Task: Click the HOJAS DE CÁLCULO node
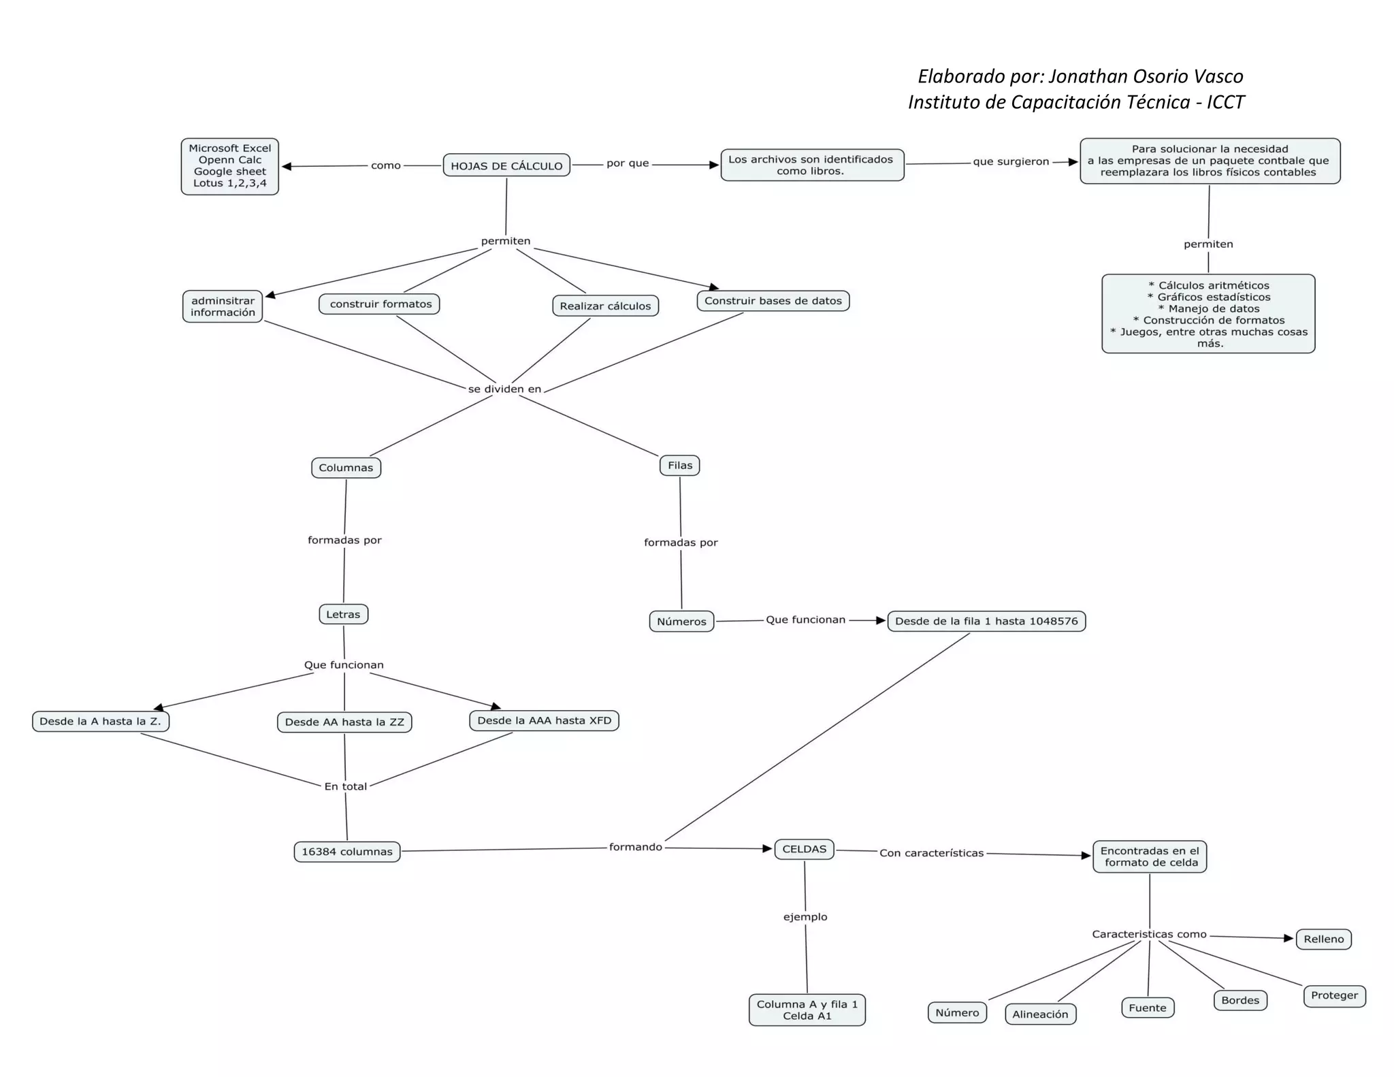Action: tap(506, 165)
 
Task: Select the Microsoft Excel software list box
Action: tap(230, 166)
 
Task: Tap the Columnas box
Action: tap(346, 468)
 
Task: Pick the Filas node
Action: tap(680, 466)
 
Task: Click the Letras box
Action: tap(343, 614)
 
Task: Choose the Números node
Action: tap(681, 622)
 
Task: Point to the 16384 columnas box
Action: tap(347, 852)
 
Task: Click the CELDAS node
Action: tap(804, 849)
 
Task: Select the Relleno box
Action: tap(1323, 939)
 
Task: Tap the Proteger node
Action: tap(1334, 995)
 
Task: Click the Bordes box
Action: tap(1240, 1000)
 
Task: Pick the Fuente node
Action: tap(1147, 1008)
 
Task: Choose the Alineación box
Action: tap(1040, 1014)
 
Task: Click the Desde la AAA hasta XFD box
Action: tap(544, 720)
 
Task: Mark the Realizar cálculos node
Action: tap(605, 306)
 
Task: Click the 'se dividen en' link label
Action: tap(504, 389)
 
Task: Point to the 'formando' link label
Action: tap(635, 847)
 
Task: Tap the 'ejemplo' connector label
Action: tap(805, 917)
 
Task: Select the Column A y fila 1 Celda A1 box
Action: tap(807, 1010)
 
